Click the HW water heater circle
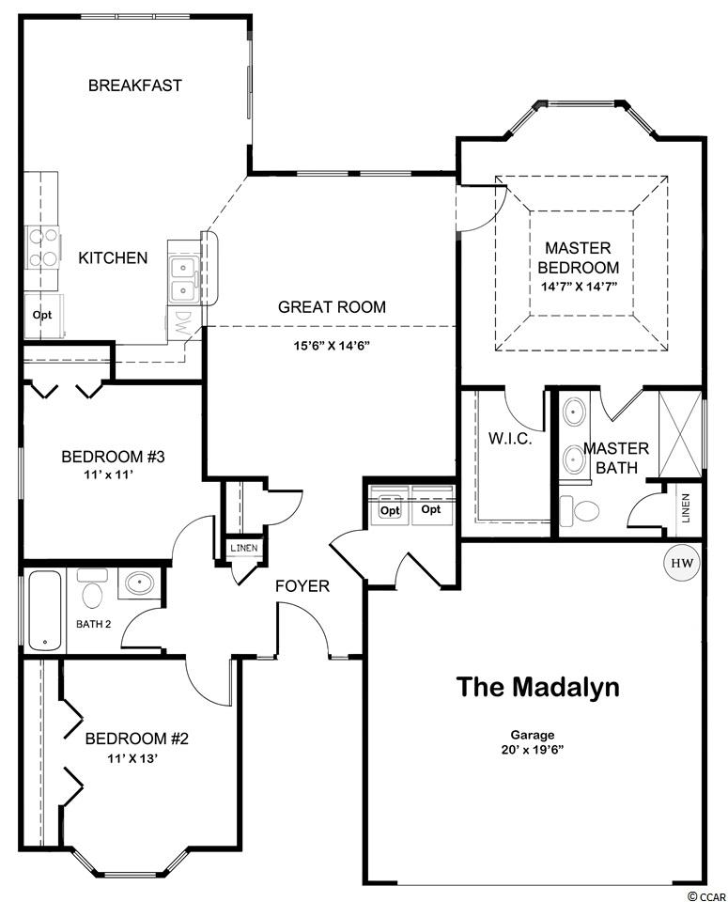pos(683,563)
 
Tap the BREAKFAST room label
pos(135,86)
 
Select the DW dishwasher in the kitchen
pos(183,326)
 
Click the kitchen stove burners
pos(44,248)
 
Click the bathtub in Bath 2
pos(45,610)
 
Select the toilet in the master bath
pos(580,510)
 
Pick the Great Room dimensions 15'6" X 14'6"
pos(332,346)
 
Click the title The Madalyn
pos(538,687)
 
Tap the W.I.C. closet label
pos(510,439)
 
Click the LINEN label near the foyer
pos(244,548)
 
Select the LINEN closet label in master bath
pos(686,508)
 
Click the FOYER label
pos(302,586)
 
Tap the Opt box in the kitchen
pos(42,316)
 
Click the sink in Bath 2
pos(140,583)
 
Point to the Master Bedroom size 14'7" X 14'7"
pos(579,287)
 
